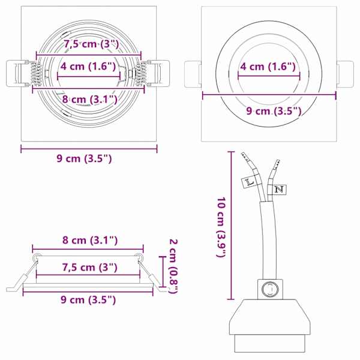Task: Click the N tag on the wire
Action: (x=279, y=190)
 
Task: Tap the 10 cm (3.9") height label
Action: (x=221, y=227)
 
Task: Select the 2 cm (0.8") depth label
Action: (x=173, y=266)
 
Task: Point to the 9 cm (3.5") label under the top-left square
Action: (x=84, y=158)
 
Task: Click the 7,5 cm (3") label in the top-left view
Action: (x=91, y=44)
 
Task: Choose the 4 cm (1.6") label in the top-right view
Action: (x=268, y=67)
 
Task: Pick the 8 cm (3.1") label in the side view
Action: (x=90, y=241)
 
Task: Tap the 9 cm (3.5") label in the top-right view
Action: (x=274, y=111)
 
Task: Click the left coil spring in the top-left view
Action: (x=36, y=74)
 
